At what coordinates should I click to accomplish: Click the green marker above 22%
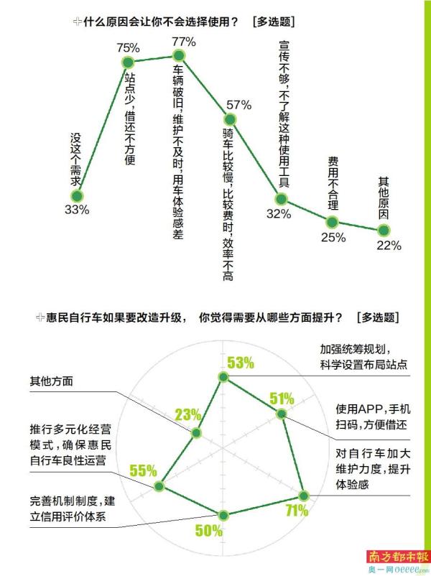(384, 231)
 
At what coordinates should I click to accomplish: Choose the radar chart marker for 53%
(224, 377)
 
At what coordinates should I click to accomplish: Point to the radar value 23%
(187, 415)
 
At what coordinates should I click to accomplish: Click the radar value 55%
(142, 470)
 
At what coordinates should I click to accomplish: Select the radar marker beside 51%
(281, 413)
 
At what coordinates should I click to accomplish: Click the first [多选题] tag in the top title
(274, 22)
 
